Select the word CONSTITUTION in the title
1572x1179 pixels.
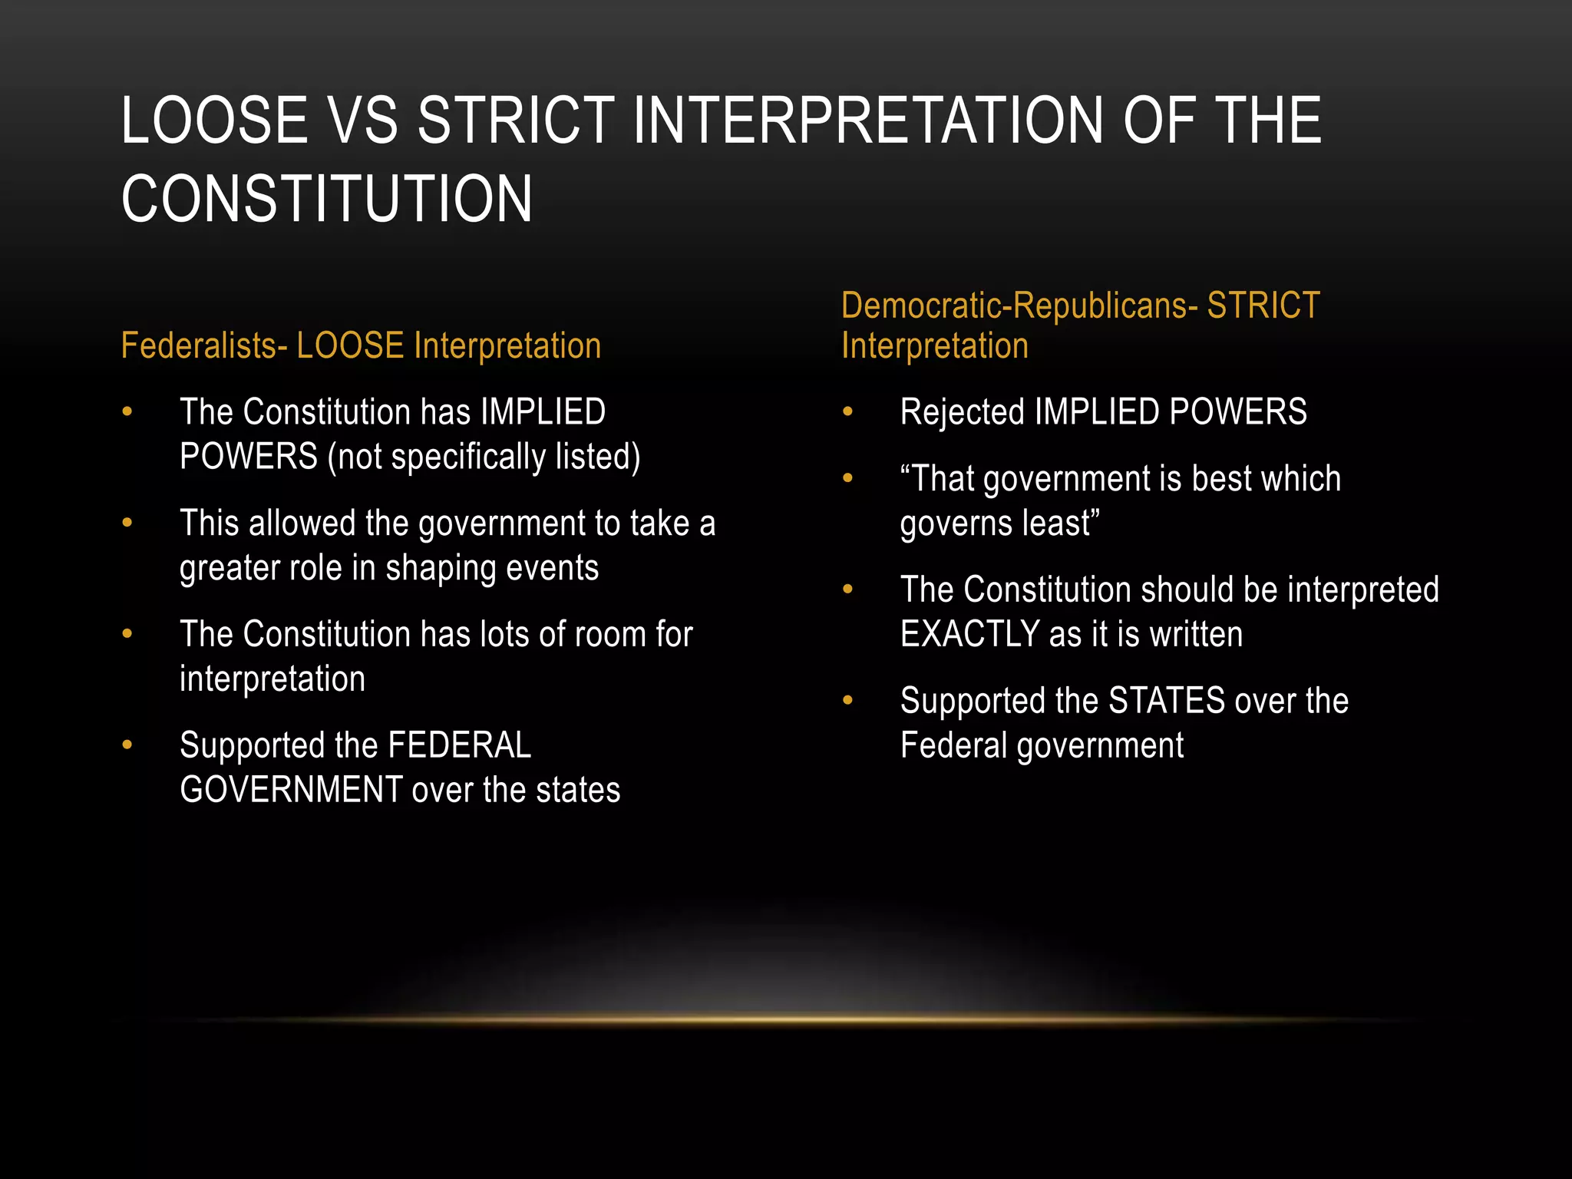tap(327, 200)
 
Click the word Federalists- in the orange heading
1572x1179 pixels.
tap(203, 346)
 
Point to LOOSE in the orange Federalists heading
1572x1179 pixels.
tap(350, 346)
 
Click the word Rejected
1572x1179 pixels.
tap(962, 412)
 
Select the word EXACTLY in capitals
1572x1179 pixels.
tap(969, 635)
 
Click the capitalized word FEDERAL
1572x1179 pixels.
tap(460, 746)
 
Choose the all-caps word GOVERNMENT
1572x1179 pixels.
tap(291, 791)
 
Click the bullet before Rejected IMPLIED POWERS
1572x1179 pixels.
tap(847, 412)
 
